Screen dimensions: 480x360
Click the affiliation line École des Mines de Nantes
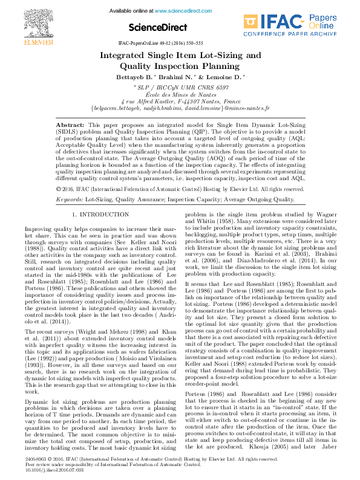point(180,94)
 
